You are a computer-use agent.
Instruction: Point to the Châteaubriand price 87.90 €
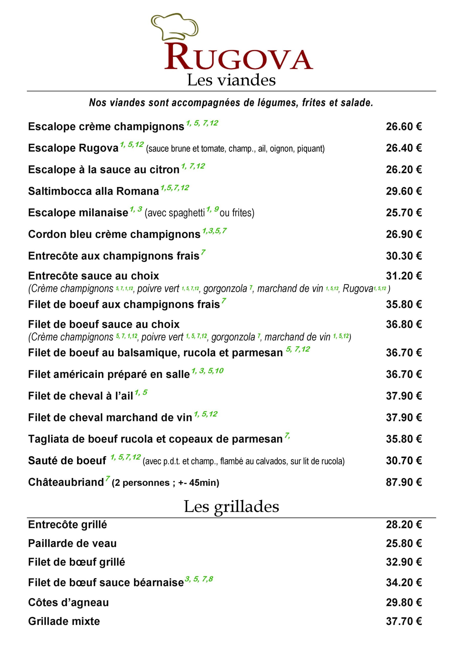[x=404, y=482]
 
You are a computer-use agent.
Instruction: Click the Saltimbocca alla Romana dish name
[x=93, y=191]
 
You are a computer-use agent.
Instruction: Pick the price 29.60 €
[x=404, y=191]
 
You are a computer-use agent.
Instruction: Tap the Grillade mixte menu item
[x=64, y=621]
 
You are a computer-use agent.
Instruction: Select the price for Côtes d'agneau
[x=404, y=602]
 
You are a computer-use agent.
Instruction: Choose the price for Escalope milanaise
[x=404, y=213]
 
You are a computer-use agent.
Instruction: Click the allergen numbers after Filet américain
[x=207, y=371]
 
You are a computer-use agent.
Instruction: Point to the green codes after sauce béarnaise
[x=199, y=579]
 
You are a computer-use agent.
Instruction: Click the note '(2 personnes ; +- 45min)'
[x=165, y=483]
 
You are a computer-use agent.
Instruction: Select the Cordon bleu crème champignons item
[x=114, y=235]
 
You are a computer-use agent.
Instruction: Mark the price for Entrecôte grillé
[x=404, y=525]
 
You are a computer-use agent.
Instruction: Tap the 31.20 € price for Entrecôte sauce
[x=404, y=276]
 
